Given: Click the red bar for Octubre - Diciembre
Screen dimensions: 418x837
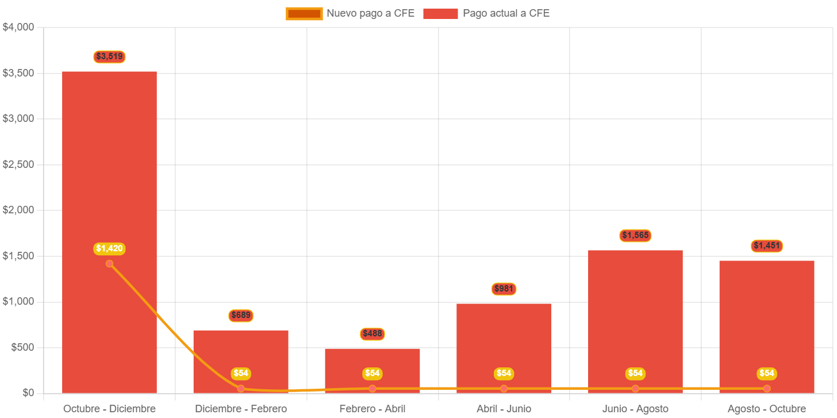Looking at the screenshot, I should (x=109, y=172).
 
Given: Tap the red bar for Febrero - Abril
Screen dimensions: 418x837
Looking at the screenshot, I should (x=373, y=362).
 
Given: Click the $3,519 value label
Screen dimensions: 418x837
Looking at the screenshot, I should (x=109, y=56).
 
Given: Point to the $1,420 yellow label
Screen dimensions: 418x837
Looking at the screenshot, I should (x=109, y=248).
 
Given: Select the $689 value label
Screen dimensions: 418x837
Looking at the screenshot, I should (x=241, y=315).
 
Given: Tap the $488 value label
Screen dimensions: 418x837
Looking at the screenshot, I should (x=373, y=333).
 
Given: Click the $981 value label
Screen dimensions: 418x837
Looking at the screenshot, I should (x=504, y=289).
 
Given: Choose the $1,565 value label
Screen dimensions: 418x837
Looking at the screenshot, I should (x=635, y=235).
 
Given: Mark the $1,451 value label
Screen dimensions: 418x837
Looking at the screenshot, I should (x=767, y=246).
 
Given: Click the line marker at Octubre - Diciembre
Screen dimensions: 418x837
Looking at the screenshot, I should (x=109, y=264).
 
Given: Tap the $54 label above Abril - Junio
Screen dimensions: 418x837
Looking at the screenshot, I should (x=504, y=373).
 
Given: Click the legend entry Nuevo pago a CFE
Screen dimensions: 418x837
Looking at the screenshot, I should (x=350, y=13).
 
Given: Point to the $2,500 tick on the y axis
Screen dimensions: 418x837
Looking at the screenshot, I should (x=18, y=164).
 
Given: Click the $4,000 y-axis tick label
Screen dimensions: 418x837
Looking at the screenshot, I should (x=18, y=27).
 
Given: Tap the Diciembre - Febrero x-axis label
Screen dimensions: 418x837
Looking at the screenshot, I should (x=241, y=409).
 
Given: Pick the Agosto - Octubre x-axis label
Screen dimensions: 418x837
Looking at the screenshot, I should (x=767, y=409).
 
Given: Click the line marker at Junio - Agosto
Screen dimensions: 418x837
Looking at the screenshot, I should (x=635, y=389).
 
